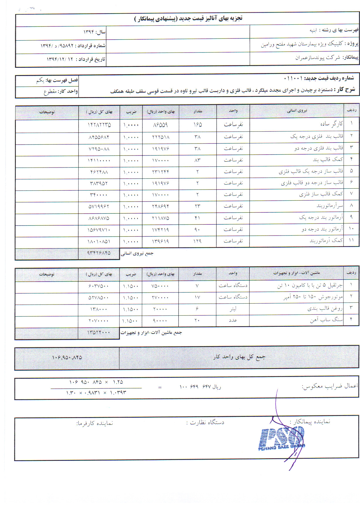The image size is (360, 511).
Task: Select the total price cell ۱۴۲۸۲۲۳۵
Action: pyautogui.click(x=99, y=125)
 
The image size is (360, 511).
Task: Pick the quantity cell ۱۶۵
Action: pyautogui.click(x=198, y=125)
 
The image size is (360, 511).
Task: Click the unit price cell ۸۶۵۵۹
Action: pyautogui.click(x=160, y=125)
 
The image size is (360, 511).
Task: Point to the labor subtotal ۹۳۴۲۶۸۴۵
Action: pyautogui.click(x=99, y=253)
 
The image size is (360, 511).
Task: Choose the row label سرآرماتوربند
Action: pyautogui.click(x=330, y=206)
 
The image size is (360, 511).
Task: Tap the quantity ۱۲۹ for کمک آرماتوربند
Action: pyautogui.click(x=197, y=241)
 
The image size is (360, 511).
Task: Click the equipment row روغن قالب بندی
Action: pyautogui.click(x=325, y=309)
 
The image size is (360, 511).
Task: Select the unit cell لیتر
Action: pyautogui.click(x=233, y=309)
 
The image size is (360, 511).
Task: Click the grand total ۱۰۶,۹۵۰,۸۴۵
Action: pyautogui.click(x=67, y=357)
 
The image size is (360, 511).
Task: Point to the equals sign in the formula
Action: pyautogui.click(x=160, y=388)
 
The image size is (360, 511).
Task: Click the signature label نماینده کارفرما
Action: pyautogui.click(x=95, y=423)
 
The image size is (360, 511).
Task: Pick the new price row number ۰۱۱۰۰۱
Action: pyautogui.click(x=293, y=78)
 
